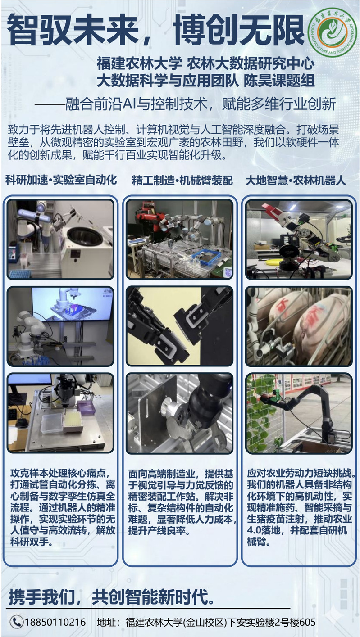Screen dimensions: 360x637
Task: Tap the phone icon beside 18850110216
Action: (x=17, y=622)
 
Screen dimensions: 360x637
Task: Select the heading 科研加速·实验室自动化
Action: (x=61, y=180)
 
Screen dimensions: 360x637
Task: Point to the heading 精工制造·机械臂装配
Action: (x=182, y=181)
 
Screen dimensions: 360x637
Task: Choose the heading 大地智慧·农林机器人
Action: (x=296, y=181)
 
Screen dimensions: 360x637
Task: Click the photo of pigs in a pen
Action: (x=299, y=326)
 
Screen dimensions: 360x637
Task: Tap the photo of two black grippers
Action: (x=180, y=326)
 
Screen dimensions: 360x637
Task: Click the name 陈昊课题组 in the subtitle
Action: (x=279, y=81)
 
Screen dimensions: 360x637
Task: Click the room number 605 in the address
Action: (x=307, y=622)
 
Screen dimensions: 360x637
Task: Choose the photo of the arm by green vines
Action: (x=299, y=413)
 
